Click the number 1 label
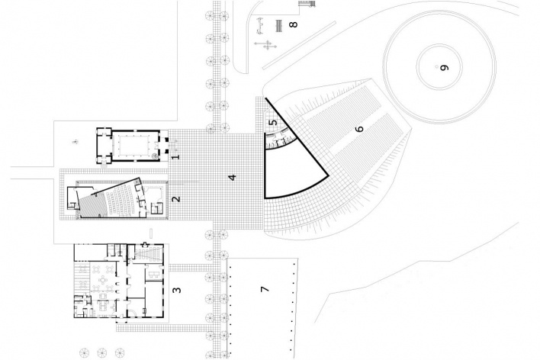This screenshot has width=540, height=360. (x=176, y=157)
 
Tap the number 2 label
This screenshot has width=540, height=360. (x=176, y=199)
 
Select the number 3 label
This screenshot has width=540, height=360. (x=177, y=290)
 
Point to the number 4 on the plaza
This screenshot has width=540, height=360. (x=233, y=178)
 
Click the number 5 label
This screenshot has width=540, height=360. (x=273, y=122)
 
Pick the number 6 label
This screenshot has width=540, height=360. (x=359, y=129)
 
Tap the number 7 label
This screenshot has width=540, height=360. (x=265, y=289)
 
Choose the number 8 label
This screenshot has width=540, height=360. (x=293, y=24)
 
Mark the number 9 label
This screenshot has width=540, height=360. (x=445, y=68)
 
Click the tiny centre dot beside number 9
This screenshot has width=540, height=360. (x=437, y=67)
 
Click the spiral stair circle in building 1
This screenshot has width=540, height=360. (x=154, y=156)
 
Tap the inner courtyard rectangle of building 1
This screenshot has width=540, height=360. (x=133, y=145)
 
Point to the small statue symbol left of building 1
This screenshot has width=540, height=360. (x=74, y=141)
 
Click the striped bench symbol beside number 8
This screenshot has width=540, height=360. (x=279, y=26)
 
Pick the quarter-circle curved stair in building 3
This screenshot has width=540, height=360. (x=132, y=313)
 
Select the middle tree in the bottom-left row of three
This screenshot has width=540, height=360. (x=102, y=353)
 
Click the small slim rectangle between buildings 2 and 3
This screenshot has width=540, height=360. (x=151, y=233)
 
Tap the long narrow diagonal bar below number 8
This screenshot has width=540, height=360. (x=299, y=46)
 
